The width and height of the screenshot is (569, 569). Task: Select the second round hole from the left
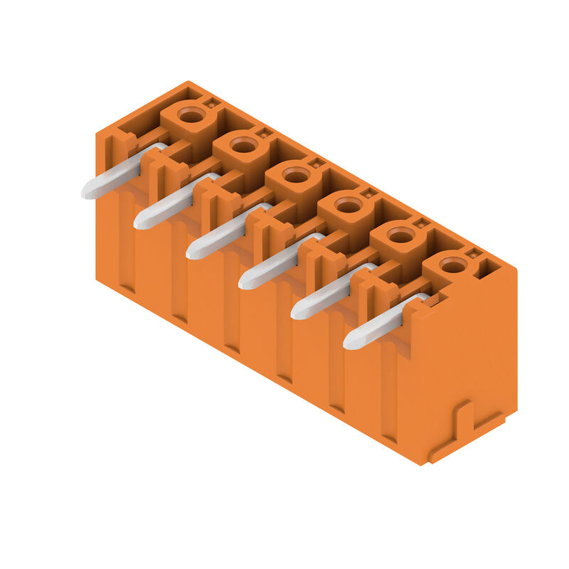[243, 145]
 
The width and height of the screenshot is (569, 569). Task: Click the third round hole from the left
[296, 175]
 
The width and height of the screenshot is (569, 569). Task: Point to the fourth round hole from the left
[349, 206]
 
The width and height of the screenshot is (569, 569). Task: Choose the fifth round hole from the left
[401, 235]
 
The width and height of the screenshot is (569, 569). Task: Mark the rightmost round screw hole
[453, 265]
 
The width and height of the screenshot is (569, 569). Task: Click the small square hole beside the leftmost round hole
[211, 103]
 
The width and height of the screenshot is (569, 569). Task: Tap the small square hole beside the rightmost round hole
[472, 254]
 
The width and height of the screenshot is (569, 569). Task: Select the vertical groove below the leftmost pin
[127, 249]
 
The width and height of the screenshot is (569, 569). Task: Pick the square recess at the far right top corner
[490, 269]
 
